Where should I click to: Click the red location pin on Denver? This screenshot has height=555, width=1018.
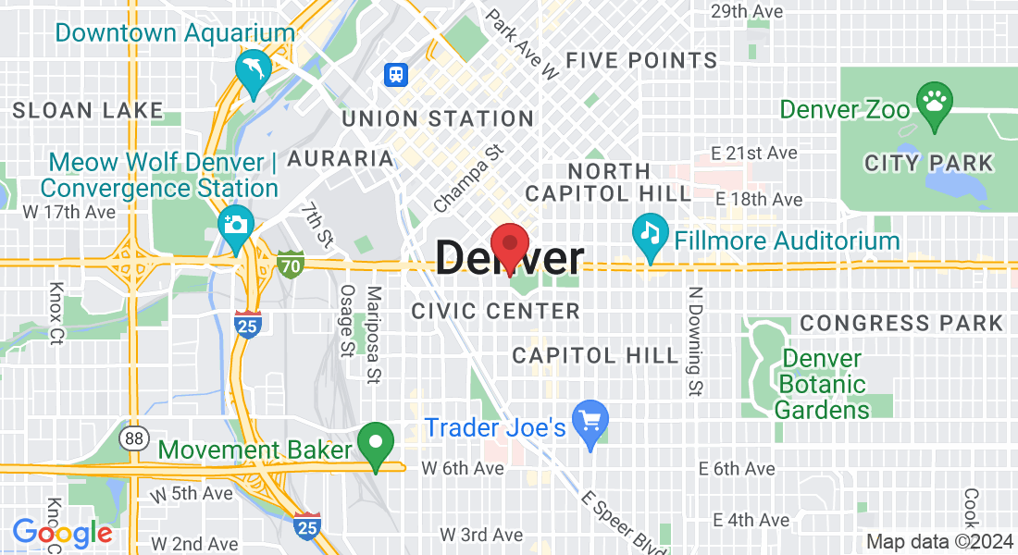point(509,245)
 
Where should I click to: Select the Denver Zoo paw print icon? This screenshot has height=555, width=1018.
point(933,98)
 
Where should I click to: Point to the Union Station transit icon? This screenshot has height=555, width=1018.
point(396,74)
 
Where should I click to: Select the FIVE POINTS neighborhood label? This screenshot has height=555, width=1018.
point(641,61)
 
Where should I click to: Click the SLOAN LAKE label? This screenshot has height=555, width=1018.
point(88,111)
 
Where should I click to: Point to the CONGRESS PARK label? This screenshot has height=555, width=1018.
point(901,323)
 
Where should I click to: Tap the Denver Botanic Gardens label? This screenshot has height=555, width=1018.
point(822,384)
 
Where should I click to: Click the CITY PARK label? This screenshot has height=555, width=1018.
point(928,164)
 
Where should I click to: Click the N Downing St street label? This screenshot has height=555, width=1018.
point(693,341)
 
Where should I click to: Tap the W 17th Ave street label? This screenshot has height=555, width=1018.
point(68,212)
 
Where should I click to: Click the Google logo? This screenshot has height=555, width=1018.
point(62,533)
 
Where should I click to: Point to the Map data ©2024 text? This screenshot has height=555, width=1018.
point(938,542)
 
